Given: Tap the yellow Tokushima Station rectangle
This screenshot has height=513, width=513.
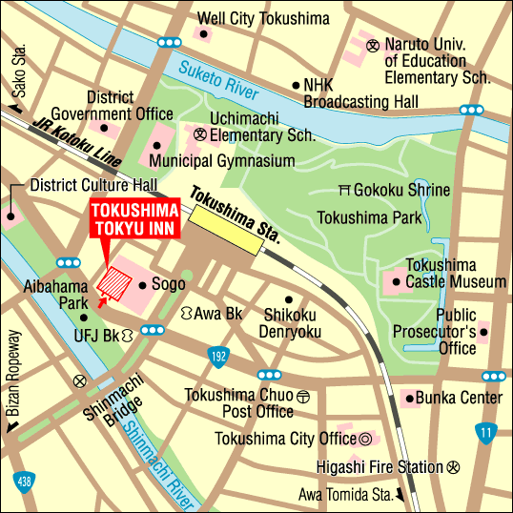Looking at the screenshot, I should click(226, 231).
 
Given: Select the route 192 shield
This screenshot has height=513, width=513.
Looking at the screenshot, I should click(216, 356).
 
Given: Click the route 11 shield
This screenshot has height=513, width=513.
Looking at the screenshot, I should click(486, 432).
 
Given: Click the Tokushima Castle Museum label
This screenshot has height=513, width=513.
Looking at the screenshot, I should click(456, 273).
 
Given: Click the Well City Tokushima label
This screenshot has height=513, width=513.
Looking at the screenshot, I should click(264, 18).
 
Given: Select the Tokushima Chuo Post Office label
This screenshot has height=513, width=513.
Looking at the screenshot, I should click(239, 403).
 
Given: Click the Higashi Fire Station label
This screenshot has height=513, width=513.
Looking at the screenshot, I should click(380, 467).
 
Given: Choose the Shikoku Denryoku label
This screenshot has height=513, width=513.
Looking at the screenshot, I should click(290, 323).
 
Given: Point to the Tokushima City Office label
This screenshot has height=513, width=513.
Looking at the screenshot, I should click(286, 439).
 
